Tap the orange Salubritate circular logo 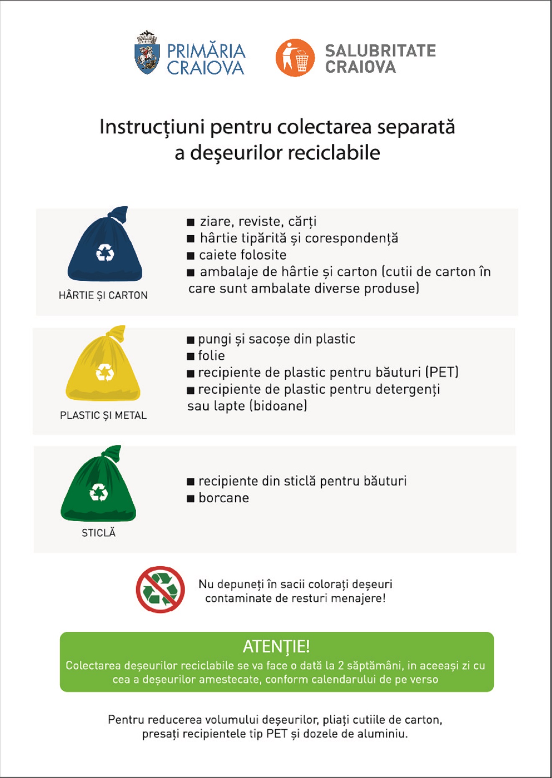point(295,58)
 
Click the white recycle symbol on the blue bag point(105,253)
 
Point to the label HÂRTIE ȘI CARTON point(103,296)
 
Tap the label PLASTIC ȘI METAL point(103,416)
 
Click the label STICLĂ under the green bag point(99,533)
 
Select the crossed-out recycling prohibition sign point(160,589)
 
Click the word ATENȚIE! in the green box point(276,646)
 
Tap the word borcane point(224,498)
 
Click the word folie point(211,356)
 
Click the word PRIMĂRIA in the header point(206,51)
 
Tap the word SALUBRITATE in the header point(380,51)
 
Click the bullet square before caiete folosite point(191,255)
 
